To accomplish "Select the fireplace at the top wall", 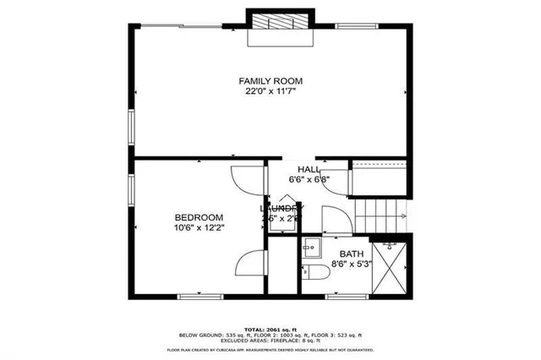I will [x=280, y=25].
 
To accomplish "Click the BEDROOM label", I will [x=199, y=217].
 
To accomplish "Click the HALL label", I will [x=309, y=169].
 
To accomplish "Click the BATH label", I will [x=351, y=254].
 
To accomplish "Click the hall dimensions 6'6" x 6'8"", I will [x=309, y=179].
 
